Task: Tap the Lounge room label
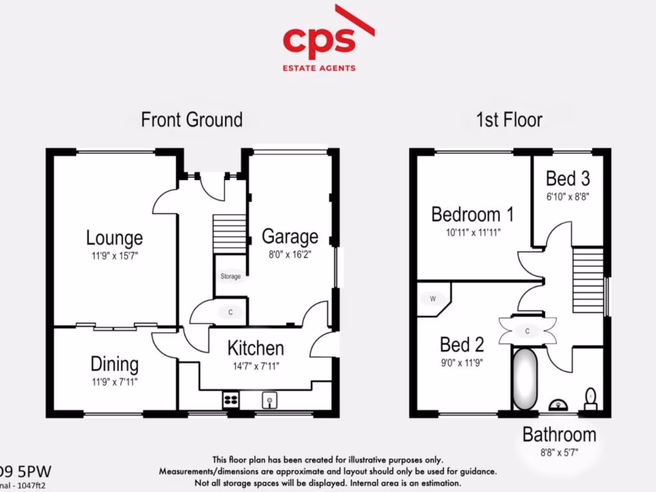(x=115, y=238)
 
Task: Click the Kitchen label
(x=256, y=348)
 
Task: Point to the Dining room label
(x=115, y=364)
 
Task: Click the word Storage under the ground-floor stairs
(x=231, y=277)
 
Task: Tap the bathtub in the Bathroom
(x=525, y=379)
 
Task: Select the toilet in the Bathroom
(x=591, y=398)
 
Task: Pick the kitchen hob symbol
(x=230, y=400)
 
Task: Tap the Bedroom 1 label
(x=472, y=213)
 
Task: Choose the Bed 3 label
(x=568, y=177)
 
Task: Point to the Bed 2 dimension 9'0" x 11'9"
(x=462, y=363)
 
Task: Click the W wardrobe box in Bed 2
(x=432, y=299)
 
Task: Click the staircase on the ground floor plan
(x=229, y=234)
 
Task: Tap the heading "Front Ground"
(x=192, y=119)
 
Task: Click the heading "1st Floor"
(x=509, y=119)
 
